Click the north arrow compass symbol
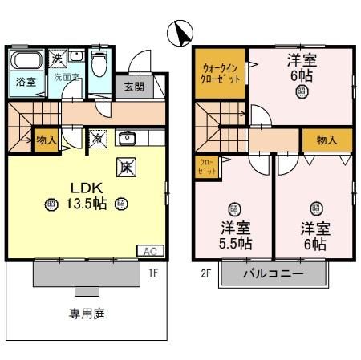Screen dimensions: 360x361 [182, 33]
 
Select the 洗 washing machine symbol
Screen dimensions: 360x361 [58, 58]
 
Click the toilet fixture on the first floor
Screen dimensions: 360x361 [99, 62]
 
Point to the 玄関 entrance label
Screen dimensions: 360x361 [133, 85]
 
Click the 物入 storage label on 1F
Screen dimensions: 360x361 [47, 140]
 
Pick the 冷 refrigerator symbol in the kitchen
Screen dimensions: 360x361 [96, 138]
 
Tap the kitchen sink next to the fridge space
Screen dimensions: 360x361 [127, 139]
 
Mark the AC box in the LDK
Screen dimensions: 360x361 [149, 250]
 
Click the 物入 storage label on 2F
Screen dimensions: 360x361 [327, 140]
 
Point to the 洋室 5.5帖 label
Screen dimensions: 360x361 [233, 235]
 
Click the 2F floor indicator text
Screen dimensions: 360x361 [206, 273]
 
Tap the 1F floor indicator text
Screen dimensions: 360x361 [153, 273]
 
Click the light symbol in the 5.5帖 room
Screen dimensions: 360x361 [233, 208]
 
